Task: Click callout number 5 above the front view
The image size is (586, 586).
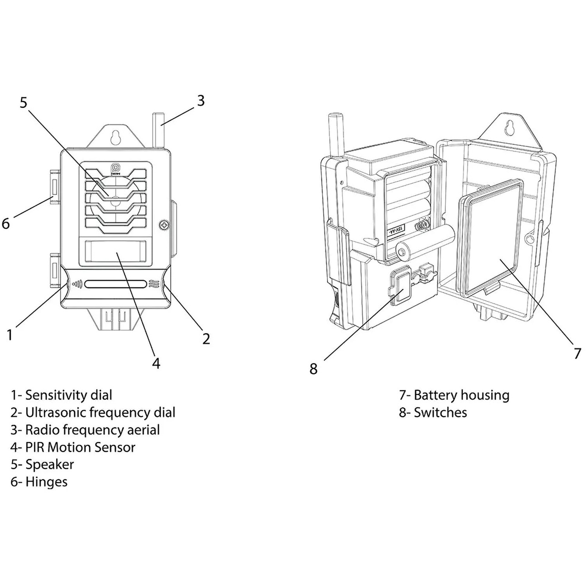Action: coord(24,103)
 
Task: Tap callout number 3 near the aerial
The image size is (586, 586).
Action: coord(200,101)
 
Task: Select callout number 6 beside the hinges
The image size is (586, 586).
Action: coord(5,224)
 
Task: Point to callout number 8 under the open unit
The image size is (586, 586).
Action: coord(314,368)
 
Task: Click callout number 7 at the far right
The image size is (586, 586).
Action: coord(577,353)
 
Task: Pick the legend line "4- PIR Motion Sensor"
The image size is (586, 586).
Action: coord(73,447)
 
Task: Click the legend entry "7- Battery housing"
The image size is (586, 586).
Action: coord(454,395)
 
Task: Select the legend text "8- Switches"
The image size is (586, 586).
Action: coord(433,412)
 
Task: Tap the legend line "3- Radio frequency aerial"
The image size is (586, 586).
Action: coord(85,430)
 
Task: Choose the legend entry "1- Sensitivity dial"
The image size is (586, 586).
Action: coord(61,395)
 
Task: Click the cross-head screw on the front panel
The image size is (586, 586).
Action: coord(163,225)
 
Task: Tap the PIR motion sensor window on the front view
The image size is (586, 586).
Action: coord(116,251)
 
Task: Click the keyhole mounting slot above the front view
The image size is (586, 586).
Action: coord(115,137)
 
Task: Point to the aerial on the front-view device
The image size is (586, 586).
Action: coord(158,130)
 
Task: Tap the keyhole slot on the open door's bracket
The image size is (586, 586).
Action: coord(509,128)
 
